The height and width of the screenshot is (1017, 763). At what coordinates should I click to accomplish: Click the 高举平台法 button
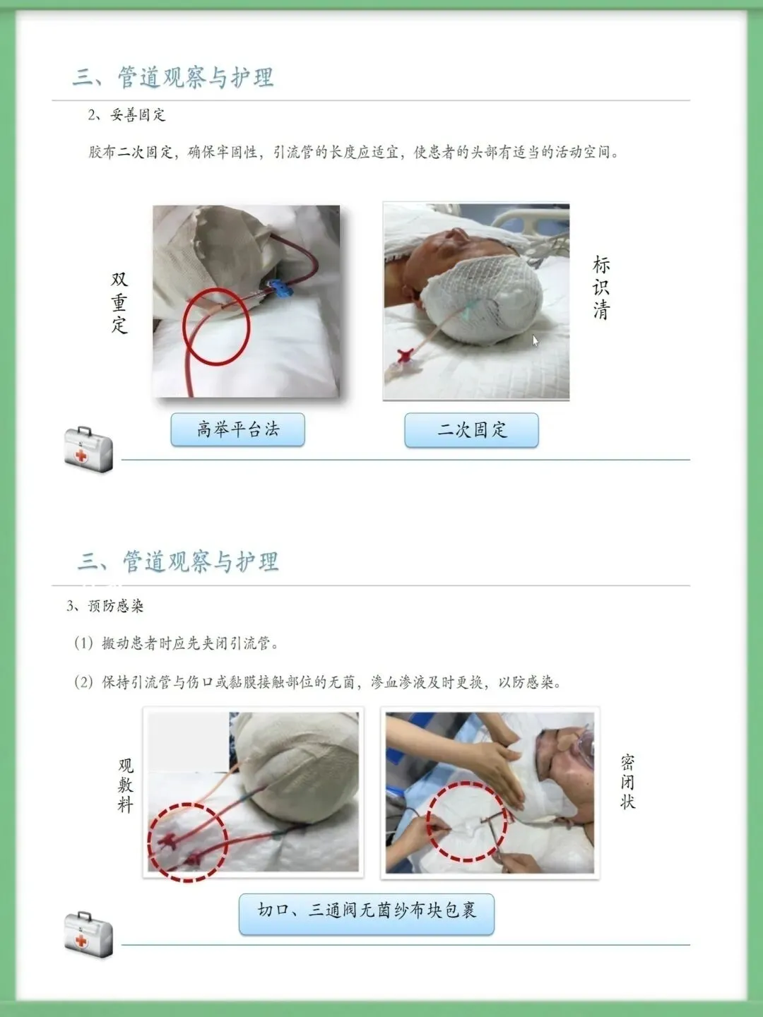point(237,429)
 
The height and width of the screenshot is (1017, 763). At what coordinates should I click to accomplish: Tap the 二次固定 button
point(472,430)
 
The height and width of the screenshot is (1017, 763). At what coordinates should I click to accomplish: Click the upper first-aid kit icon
point(88,449)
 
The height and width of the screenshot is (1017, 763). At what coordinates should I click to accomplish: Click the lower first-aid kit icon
point(88,934)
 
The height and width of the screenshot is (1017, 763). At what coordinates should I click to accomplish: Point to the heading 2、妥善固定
point(126,115)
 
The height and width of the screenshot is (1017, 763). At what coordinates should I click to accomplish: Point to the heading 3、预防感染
point(105,605)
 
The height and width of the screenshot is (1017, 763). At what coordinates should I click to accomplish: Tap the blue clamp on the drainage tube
point(280,289)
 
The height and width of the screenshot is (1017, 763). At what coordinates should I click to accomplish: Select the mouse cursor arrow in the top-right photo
point(535,340)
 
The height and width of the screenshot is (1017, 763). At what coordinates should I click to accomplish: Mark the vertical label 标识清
point(601,287)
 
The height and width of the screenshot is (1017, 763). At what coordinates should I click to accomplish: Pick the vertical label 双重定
point(119,302)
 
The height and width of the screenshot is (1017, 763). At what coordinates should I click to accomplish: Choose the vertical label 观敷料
point(126,785)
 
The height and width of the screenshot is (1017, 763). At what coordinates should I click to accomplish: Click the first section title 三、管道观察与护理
point(173,77)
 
